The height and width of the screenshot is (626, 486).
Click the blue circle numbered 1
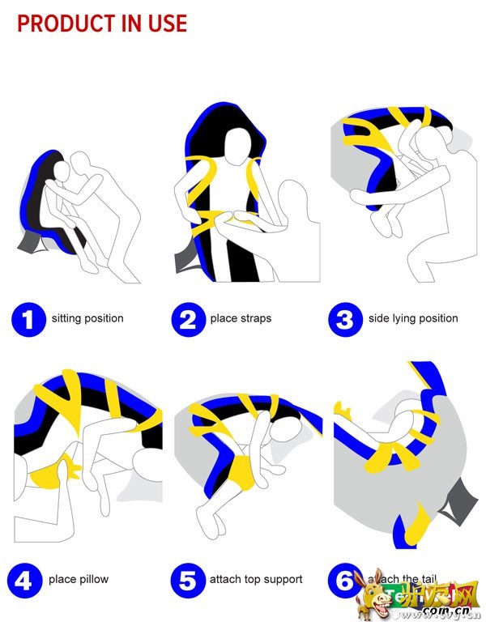tap(28, 319)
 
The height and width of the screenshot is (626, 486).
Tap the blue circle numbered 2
tap(188, 319)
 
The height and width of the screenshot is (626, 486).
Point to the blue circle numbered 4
tap(24, 580)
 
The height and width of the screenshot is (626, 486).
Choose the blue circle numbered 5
tap(188, 580)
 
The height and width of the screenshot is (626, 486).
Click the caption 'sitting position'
tap(87, 318)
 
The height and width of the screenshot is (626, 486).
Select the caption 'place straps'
tap(241, 318)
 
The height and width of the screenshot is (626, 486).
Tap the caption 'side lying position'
tap(413, 318)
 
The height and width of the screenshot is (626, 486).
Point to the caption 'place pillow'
tap(79, 579)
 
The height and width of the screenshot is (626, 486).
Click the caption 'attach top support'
tap(256, 579)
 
